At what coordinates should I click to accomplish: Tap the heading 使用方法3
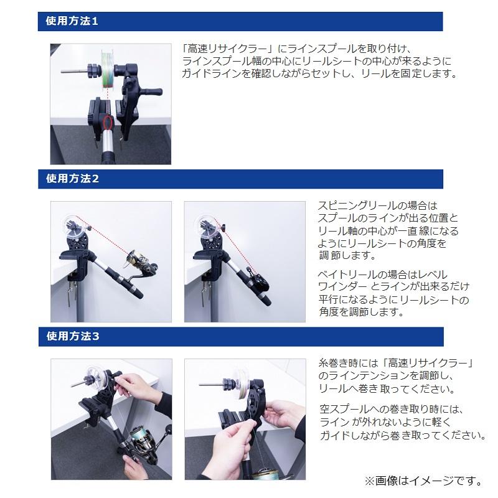72,337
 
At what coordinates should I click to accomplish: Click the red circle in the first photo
110,121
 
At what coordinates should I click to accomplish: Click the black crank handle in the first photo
149,92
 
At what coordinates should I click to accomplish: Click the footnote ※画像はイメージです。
423,481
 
